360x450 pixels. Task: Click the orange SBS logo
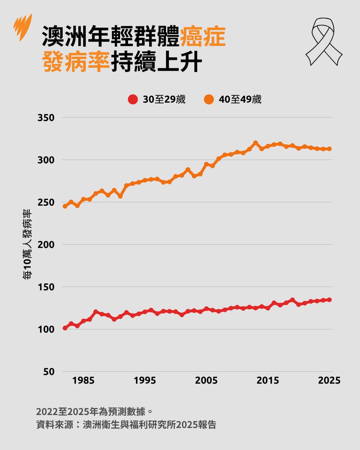point(23,26)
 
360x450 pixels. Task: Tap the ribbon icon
point(324,41)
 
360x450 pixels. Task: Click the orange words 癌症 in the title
point(203,36)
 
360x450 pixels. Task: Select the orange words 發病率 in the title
point(76,62)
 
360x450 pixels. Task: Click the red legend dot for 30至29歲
point(133,99)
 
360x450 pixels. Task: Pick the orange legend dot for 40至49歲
point(209,99)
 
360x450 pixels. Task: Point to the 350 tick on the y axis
point(46,118)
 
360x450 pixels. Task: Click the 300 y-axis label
point(46,160)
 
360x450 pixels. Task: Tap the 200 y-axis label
point(46,245)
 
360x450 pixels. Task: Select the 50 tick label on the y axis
point(49,372)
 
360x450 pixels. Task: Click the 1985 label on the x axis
point(83,380)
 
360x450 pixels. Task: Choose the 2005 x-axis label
point(206,380)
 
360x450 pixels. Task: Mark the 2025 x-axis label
point(329,380)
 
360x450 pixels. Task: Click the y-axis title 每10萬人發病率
point(27,244)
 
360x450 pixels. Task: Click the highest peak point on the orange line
point(256,143)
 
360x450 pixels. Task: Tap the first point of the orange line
point(65,206)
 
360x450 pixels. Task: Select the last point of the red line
point(329,300)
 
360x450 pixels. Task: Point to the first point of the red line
point(65,328)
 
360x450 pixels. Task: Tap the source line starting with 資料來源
point(126,425)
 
